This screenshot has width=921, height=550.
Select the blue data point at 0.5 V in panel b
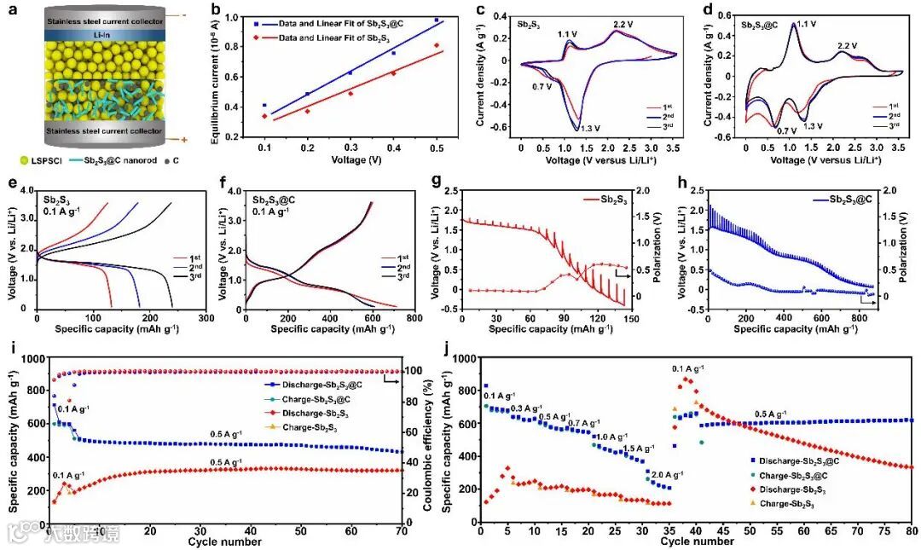tap(437, 20)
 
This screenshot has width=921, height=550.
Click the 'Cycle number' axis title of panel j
tap(697, 541)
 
